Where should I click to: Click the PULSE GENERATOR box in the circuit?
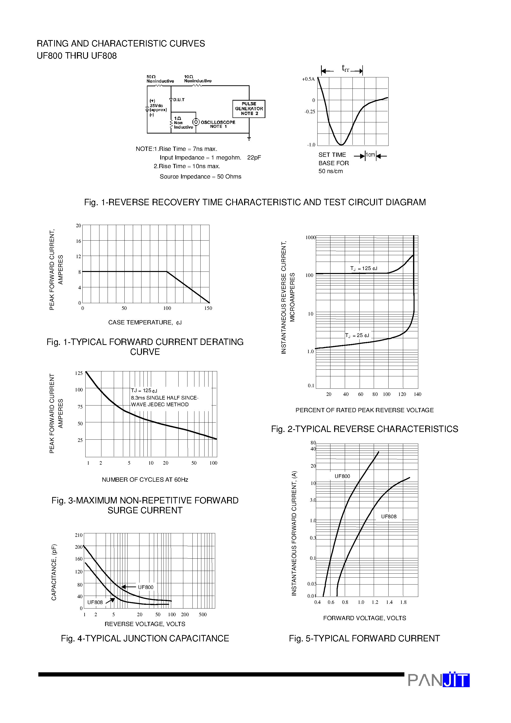249,109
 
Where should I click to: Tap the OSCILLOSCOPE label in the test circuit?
218,122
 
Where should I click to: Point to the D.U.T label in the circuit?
179,100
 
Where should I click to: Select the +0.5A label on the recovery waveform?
308,79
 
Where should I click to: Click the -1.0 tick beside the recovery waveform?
311,145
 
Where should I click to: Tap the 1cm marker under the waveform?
370,155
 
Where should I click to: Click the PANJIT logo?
439,680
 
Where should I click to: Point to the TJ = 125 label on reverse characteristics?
364,269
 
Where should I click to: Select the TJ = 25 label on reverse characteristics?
357,336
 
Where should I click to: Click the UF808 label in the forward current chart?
389,517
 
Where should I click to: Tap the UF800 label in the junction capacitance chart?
145,587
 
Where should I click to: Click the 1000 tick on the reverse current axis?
310,237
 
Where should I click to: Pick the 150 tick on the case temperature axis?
208,308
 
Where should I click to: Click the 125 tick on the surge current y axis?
79,373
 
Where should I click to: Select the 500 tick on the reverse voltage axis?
203,614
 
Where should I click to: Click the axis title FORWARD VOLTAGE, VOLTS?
365,618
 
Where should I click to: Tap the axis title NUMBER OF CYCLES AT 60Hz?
145,480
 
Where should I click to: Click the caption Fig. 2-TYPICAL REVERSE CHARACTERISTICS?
365,429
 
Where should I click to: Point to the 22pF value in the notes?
254,158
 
